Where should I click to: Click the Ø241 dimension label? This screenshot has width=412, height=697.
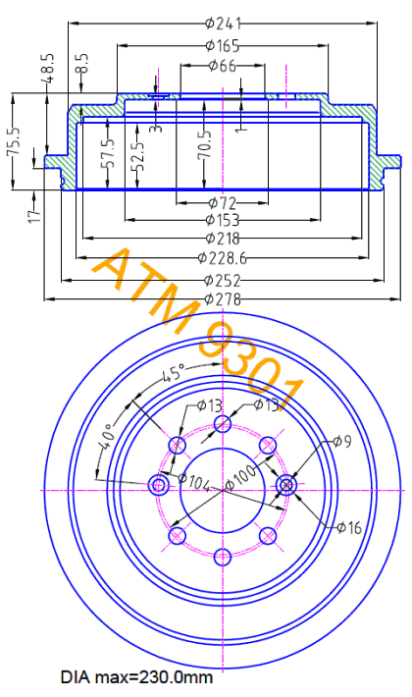coord(223,23)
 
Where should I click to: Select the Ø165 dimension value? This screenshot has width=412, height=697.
coord(223,45)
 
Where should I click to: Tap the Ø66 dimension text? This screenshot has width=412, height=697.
coord(223,66)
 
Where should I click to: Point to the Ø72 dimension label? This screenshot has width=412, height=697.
coord(223,203)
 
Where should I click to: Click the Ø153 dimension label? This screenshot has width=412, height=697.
coord(223,220)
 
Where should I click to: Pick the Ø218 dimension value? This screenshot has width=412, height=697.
coord(223,239)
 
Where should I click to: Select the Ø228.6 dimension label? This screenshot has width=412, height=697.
coord(223,258)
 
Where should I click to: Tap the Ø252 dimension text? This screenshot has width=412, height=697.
coord(223,281)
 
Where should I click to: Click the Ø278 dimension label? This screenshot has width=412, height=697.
coord(223,299)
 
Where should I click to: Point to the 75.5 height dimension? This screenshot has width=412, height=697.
coord(14,141)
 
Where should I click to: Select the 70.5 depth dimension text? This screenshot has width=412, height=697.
coord(205,144)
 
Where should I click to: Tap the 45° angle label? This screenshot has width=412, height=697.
coord(173,372)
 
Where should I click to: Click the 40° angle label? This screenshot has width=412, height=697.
coord(108,435)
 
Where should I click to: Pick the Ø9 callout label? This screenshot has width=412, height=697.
coord(342,442)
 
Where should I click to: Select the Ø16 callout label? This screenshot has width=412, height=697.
coord(349,527)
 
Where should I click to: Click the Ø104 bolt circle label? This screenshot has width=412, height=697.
coord(194,482)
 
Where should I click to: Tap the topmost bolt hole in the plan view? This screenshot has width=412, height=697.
coord(223,423)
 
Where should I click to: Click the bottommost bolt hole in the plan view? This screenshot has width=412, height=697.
coord(223,556)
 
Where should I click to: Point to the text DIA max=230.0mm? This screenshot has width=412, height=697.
coord(136,678)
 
